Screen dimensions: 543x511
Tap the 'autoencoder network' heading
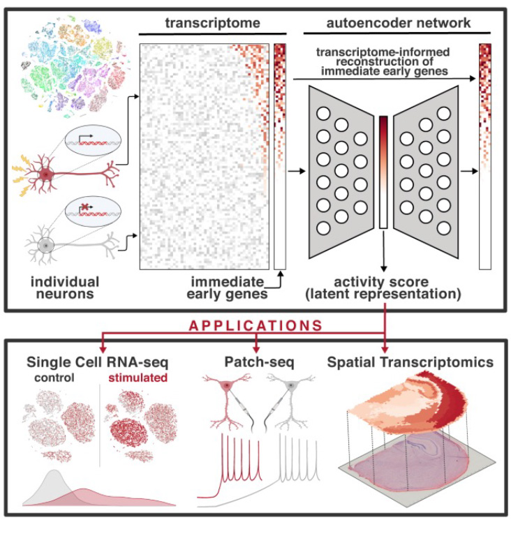point(399,22)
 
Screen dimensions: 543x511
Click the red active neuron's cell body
point(46,174)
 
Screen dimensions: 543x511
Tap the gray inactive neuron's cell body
point(46,246)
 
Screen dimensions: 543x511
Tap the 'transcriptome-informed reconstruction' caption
point(383,60)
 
